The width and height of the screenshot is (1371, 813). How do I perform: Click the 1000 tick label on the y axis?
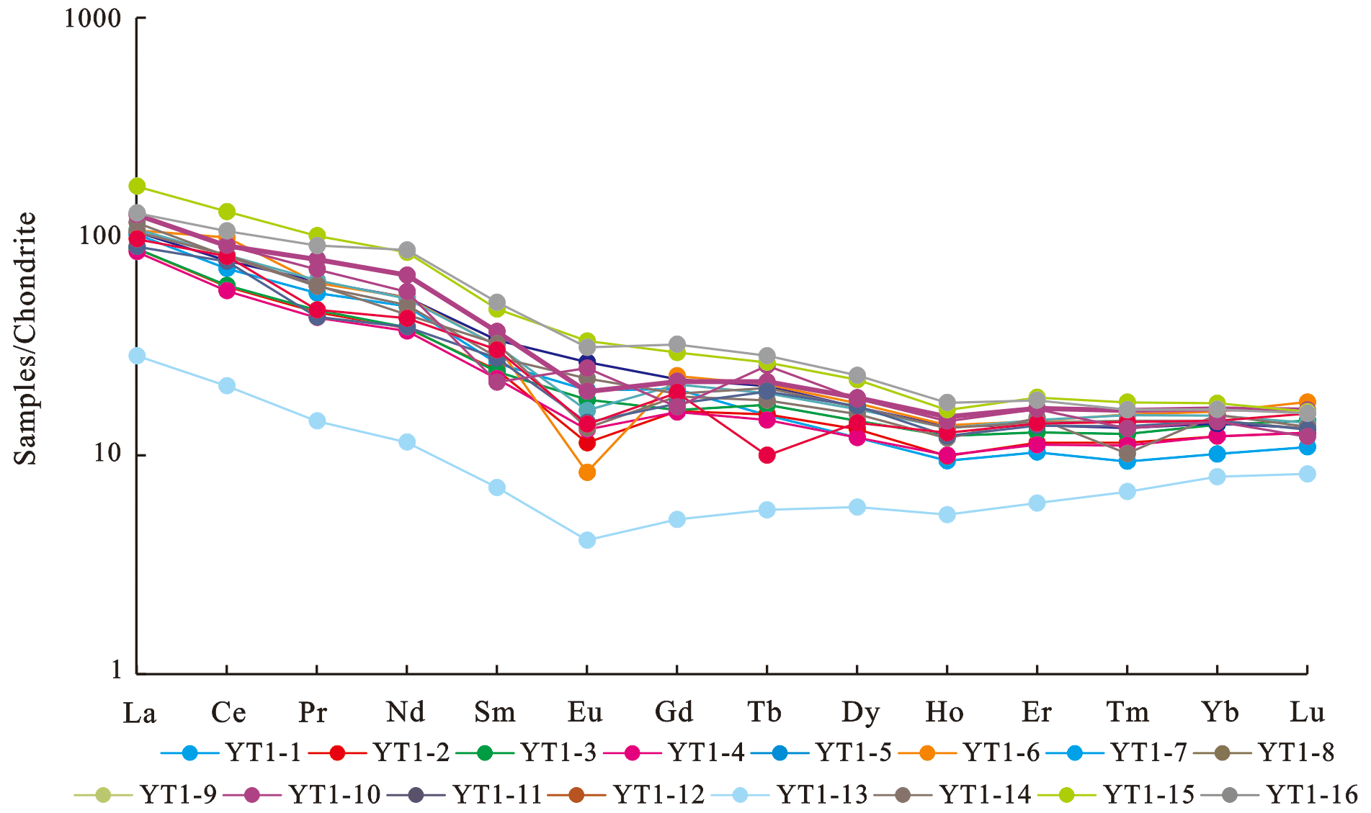tap(92, 18)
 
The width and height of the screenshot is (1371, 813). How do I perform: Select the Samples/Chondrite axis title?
tap(26, 338)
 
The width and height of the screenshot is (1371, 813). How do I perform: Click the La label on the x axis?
tap(139, 713)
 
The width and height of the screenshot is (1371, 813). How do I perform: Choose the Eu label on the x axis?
tap(585, 712)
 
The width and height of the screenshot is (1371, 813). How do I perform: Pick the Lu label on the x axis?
tap(1307, 712)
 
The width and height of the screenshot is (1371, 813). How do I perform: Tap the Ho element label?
tap(944, 712)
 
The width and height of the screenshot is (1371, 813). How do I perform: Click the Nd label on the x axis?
tap(406, 712)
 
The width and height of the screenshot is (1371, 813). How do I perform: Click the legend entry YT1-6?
tap(1001, 753)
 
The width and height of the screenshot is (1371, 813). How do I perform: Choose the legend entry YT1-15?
tap(1149, 795)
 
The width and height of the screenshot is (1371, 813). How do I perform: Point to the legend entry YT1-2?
tap(411, 753)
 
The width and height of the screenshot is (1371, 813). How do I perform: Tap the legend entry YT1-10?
tap(334, 795)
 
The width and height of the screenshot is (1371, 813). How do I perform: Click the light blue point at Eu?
tap(587, 540)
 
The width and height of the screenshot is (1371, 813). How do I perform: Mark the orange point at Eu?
tap(587, 472)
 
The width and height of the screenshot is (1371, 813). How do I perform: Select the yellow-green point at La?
tap(137, 187)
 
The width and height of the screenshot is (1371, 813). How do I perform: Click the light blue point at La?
tap(137, 356)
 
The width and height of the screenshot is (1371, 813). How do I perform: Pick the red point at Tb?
tap(767, 455)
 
